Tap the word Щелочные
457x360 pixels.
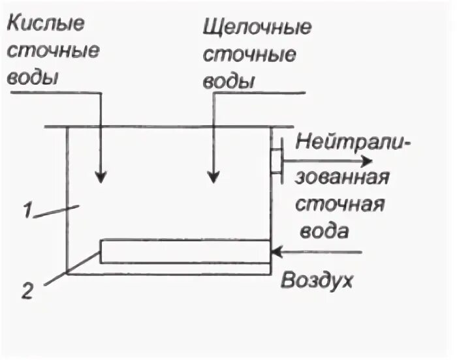click(x=257, y=29)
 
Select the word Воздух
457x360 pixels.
click(x=317, y=281)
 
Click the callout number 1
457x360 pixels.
click(x=27, y=212)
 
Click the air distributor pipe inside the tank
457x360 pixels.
click(x=185, y=251)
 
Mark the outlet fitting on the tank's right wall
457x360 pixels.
click(x=277, y=159)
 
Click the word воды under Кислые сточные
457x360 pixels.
click(x=33, y=78)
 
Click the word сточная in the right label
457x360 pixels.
click(x=340, y=204)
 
